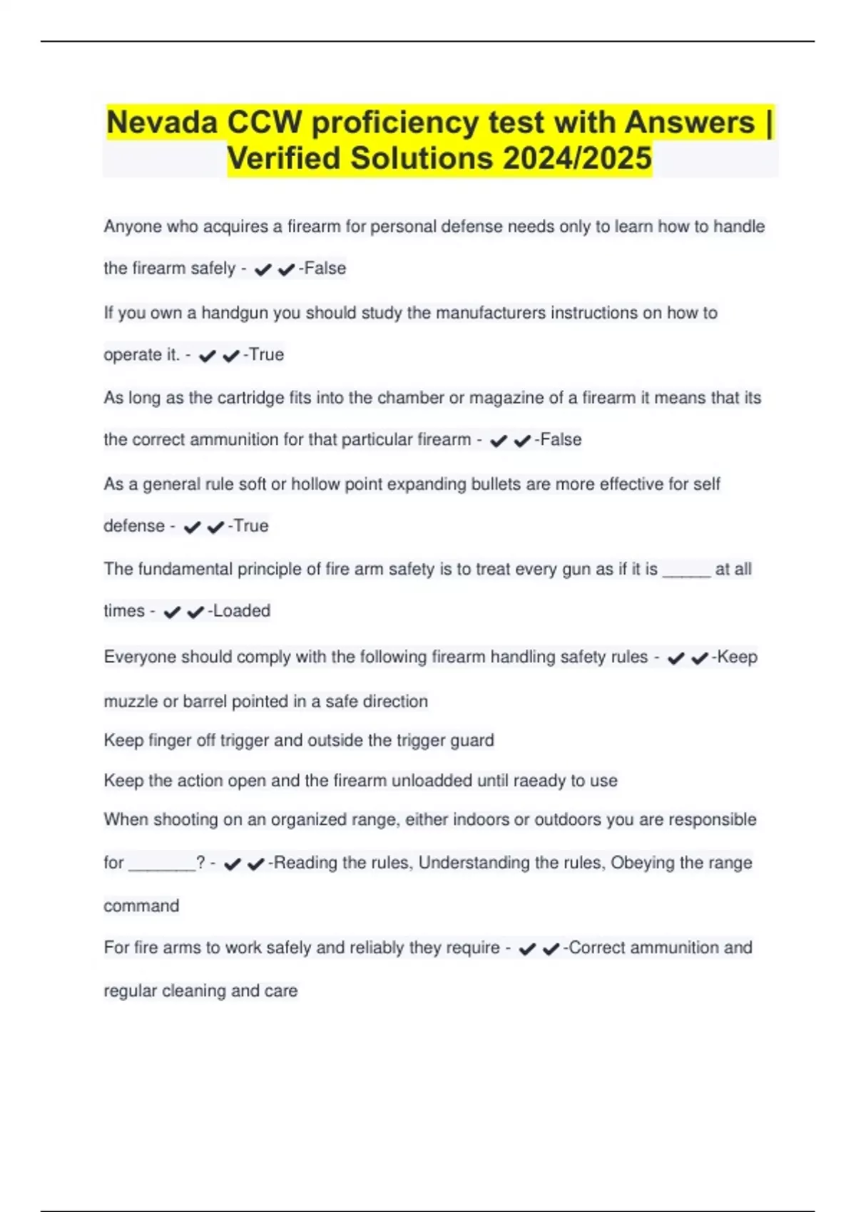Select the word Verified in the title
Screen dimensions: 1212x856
click(x=283, y=158)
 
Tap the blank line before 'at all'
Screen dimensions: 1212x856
click(x=686, y=570)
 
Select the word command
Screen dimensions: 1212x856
click(x=141, y=906)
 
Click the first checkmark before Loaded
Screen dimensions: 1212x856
click(x=172, y=612)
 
